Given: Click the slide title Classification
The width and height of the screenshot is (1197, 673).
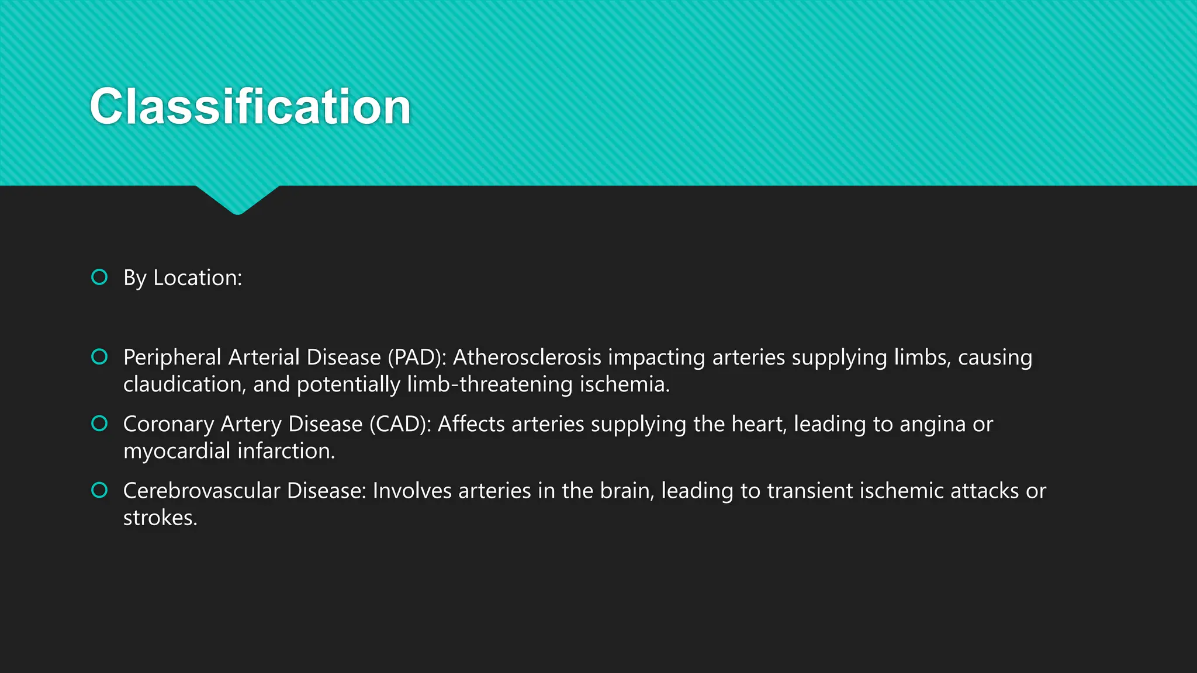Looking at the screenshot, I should pos(250,106).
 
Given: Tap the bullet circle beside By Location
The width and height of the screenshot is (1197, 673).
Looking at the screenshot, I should pos(99,277).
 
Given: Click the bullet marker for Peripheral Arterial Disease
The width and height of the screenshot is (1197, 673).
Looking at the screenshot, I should pos(99,356).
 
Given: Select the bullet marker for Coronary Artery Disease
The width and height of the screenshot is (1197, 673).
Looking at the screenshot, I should pos(99,423).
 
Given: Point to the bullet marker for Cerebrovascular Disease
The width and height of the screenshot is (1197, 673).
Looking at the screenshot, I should pos(99,490).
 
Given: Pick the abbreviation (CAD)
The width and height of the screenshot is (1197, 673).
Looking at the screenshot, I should pos(400,424).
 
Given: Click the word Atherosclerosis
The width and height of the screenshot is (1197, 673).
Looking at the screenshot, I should pos(527,357).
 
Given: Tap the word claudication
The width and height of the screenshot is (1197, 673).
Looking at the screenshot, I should pos(184,384).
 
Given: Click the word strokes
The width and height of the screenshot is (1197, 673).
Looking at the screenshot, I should pos(160,517).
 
